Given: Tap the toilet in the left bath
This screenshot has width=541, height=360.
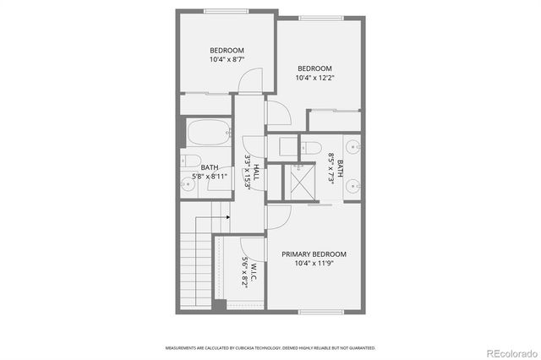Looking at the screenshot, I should coord(190,161).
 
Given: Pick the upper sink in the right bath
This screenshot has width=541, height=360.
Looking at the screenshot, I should coord(358,145).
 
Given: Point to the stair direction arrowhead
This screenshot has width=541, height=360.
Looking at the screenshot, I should coord(228,215).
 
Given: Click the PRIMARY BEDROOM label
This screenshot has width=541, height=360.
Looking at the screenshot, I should coord(314,254).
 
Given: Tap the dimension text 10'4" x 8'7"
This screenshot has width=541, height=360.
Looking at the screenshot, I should coord(227,60).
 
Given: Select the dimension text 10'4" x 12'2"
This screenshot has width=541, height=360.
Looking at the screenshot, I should coord(314,79).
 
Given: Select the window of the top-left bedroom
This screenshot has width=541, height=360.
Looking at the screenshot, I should coord(226,10).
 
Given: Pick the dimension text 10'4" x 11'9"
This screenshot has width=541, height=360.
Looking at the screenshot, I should coord(314,264).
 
